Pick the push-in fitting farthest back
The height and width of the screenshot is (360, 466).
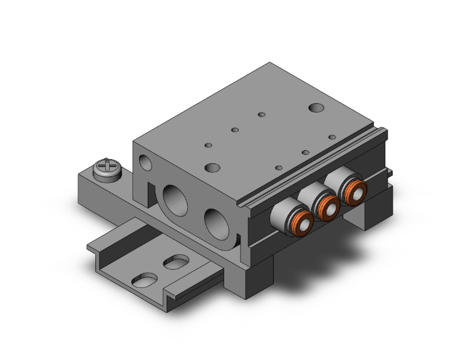(351, 190)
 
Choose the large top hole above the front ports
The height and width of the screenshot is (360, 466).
(213, 168)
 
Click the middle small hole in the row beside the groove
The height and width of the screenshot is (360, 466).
(305, 152)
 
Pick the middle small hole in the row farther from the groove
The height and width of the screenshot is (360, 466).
(235, 130)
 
